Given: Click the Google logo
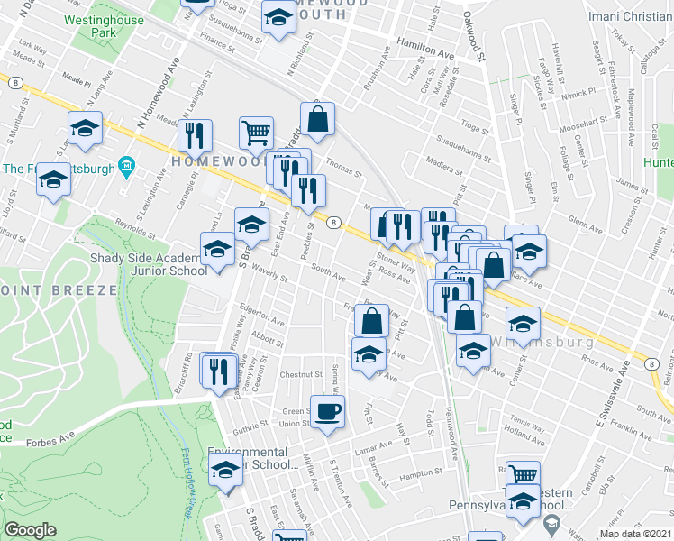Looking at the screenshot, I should (30, 530).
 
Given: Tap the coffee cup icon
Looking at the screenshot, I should (328, 411).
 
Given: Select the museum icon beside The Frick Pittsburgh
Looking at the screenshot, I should (126, 168).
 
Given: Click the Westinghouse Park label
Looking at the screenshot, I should (118, 23).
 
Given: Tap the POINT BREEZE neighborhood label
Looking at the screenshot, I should (58, 290).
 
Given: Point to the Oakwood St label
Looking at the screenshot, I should (474, 31).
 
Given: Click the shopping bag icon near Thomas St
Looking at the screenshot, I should (318, 118).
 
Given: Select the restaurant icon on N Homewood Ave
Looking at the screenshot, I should (195, 135).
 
